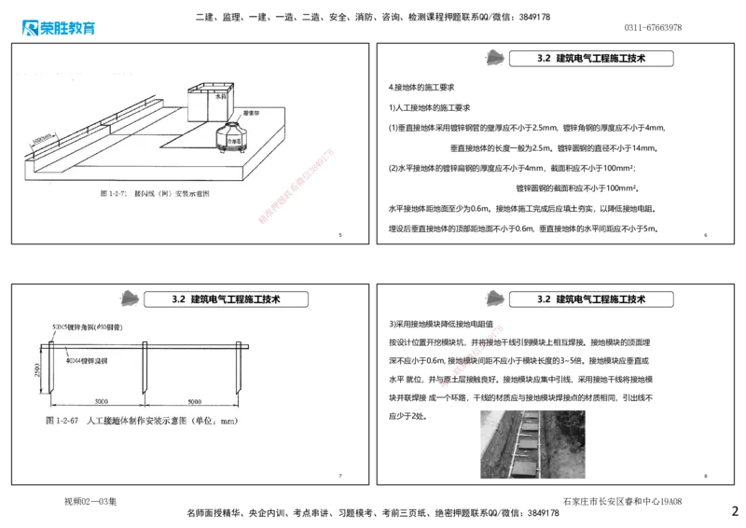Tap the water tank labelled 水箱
tap(212, 103)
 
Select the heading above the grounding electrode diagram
tap(227, 299)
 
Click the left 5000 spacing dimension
tap(96, 401)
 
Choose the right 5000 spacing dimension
tap(192, 401)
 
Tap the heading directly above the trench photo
tap(592, 299)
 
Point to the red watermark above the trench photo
tap(475, 354)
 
